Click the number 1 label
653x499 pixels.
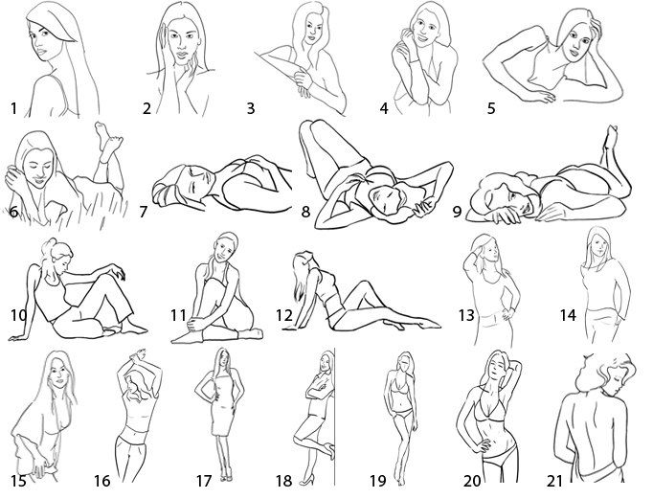13,109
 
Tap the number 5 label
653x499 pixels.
491,108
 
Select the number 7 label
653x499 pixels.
144,212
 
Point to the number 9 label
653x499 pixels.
458,212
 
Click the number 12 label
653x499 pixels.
284,315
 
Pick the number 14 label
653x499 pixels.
568,315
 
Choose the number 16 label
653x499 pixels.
102,481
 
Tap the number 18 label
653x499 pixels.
284,481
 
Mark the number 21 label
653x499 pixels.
554,481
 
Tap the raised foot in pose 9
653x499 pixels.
610,137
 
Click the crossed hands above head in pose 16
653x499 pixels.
138,355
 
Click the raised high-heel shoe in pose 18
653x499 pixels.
329,450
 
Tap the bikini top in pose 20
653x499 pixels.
490,408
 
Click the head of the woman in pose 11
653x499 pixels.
226,246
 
